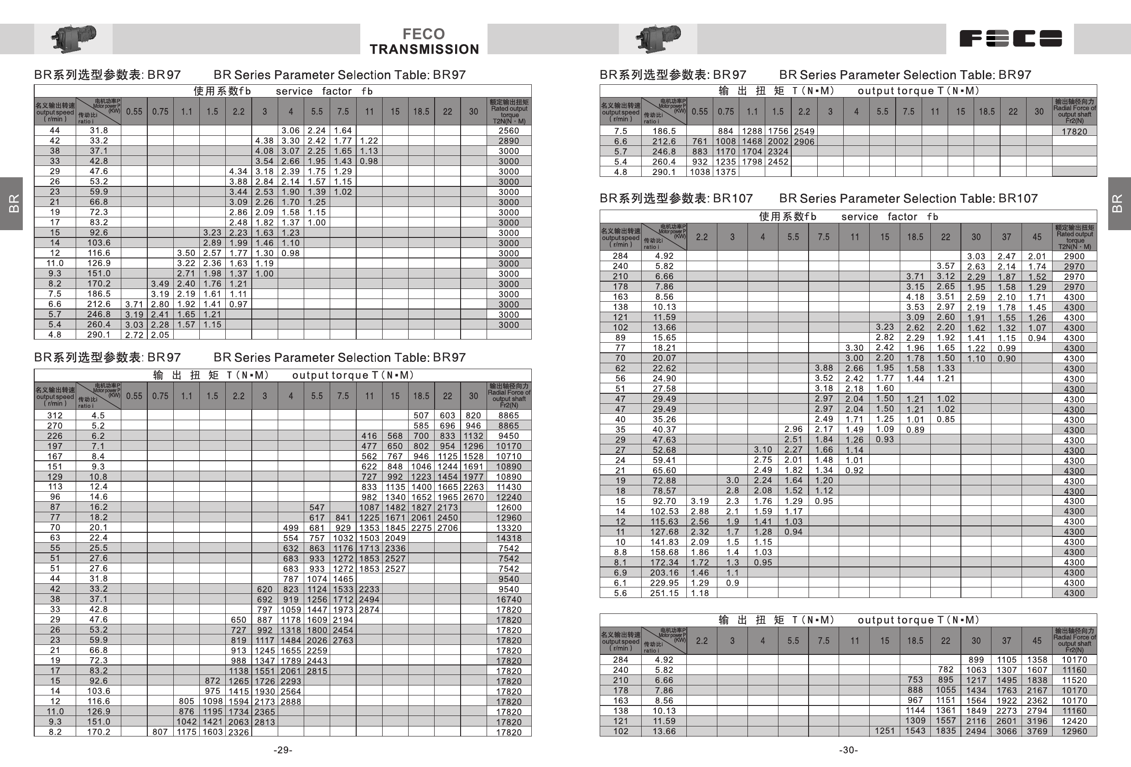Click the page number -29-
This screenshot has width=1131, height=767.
tap(283, 750)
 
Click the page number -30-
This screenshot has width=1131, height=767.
tap(848, 750)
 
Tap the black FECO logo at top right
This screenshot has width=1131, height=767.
tap(1010, 38)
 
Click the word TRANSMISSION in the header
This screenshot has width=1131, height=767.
tap(424, 49)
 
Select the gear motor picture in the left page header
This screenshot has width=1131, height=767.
tap(73, 38)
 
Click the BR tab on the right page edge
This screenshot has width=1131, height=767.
tap(1118, 203)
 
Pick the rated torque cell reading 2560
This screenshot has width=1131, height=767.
tap(508, 130)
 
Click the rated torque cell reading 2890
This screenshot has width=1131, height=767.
tap(508, 140)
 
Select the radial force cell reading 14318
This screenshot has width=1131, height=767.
tap(508, 538)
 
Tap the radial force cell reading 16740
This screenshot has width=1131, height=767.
tap(508, 599)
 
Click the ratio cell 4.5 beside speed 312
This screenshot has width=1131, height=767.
tap(99, 415)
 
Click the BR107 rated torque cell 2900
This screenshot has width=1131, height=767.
tap(1074, 256)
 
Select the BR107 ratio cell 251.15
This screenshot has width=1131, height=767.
tap(664, 593)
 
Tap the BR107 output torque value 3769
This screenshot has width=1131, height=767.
tap(1037, 731)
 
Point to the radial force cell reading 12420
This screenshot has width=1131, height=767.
tap(1074, 721)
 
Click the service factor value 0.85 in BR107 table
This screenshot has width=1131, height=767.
tap(945, 419)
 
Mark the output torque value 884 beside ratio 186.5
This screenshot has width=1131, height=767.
tap(725, 131)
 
